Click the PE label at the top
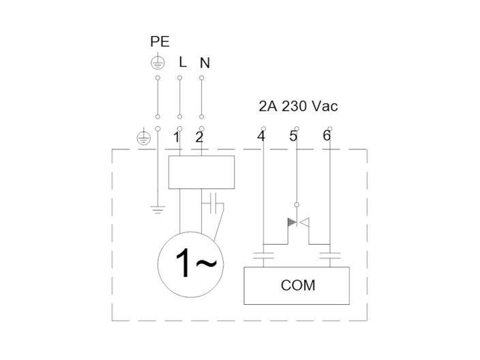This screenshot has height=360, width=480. point(160,42)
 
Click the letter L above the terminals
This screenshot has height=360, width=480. point(182,62)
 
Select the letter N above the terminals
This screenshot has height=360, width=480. point(205,63)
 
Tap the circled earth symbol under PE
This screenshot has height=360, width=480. point(157,63)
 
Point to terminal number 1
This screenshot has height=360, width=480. point(176,137)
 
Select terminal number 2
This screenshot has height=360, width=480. point(199,137)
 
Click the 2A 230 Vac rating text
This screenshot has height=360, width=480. point(298,106)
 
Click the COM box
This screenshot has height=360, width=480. point(297,285)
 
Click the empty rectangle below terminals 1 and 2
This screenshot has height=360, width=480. point(201,172)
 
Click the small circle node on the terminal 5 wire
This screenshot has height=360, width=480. point(297,204)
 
